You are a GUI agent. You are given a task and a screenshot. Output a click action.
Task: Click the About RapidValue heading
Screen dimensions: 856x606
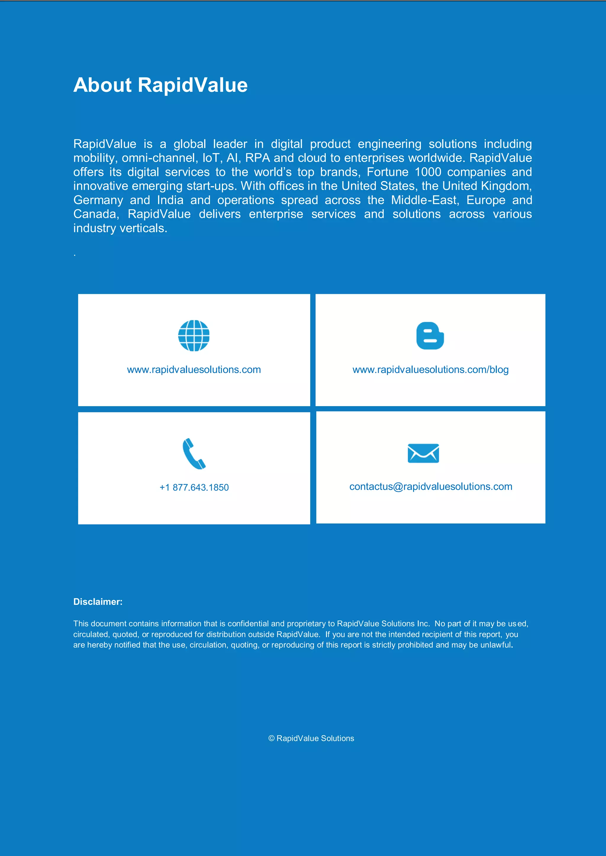[160, 85]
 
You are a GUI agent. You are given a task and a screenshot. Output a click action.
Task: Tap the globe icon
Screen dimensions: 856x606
[194, 335]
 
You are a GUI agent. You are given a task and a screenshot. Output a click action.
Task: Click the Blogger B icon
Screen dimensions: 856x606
[430, 335]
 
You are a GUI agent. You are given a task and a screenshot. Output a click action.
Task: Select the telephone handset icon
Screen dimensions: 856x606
[194, 453]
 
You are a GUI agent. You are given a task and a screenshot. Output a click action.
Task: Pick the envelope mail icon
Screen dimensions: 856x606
[423, 453]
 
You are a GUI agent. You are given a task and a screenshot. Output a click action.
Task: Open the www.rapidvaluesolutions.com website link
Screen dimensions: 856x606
[194, 369]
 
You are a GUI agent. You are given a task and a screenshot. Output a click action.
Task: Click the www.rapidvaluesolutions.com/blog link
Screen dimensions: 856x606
[430, 369]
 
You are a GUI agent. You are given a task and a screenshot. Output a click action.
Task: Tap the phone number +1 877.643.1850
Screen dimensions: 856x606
[194, 487]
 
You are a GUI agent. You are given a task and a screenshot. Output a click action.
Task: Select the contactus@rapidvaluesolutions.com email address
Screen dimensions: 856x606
[431, 487]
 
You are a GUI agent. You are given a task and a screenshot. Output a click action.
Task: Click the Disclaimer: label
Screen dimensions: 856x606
[98, 602]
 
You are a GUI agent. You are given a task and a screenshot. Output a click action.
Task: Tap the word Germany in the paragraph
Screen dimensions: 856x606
[98, 200]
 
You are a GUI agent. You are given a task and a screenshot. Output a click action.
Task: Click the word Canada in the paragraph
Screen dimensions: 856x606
[96, 214]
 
